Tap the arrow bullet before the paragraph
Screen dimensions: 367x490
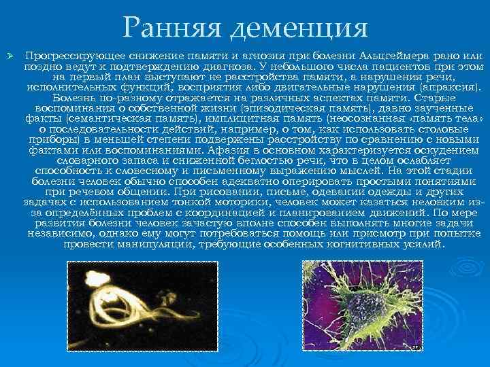[9, 54]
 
